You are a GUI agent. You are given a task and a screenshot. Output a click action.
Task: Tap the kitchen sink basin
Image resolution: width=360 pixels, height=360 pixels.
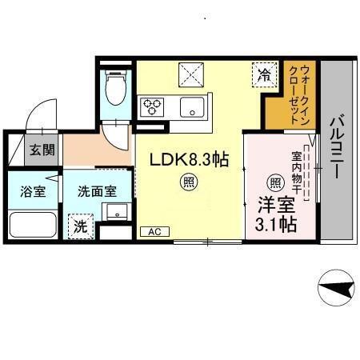click(192, 107)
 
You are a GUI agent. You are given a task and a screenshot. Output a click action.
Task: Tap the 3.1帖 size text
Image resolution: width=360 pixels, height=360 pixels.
click(277, 225)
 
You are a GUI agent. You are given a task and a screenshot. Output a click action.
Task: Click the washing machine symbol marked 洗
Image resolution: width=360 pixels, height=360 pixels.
click(79, 226)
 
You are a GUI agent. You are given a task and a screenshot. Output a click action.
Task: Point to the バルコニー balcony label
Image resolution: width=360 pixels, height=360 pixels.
click(337, 148)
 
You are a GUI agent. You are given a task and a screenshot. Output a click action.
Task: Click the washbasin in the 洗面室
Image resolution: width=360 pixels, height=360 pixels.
click(117, 212)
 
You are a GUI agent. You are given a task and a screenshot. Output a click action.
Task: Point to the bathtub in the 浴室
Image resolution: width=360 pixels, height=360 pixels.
click(31, 227)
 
